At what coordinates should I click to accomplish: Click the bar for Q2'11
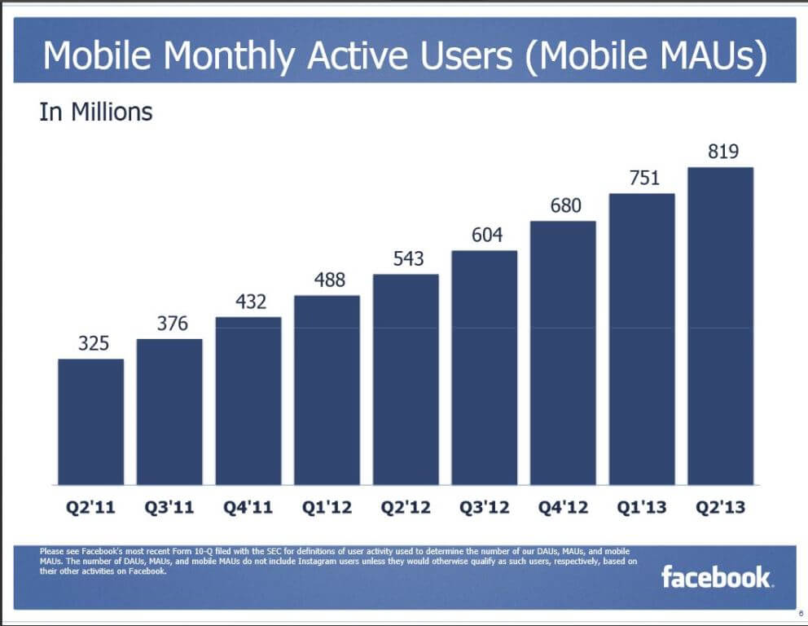[90, 421]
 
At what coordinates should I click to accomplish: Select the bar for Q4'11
[248, 400]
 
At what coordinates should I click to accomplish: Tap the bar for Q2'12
[406, 379]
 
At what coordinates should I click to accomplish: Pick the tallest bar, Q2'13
[720, 326]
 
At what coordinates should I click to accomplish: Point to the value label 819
[720, 152]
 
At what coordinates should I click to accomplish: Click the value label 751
[643, 178]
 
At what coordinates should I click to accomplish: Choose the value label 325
[93, 343]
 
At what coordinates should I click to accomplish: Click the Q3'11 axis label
[169, 508]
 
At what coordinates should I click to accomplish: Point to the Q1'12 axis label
[327, 508]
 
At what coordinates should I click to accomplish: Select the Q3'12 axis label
[485, 508]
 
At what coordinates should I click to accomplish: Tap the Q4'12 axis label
[564, 508]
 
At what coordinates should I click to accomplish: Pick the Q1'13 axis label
[642, 508]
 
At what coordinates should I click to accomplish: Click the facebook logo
[716, 577]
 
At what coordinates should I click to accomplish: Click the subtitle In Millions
[95, 112]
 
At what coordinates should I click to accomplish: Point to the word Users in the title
[467, 55]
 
